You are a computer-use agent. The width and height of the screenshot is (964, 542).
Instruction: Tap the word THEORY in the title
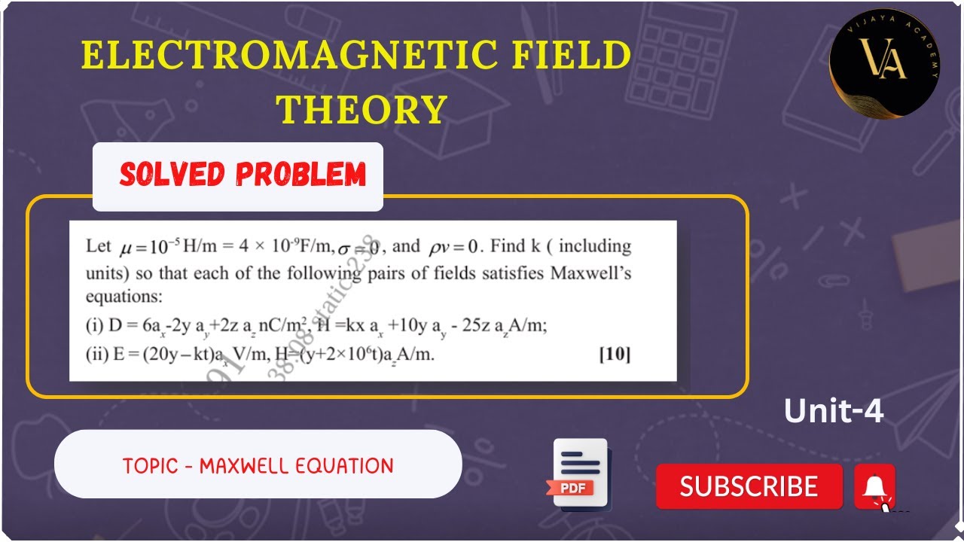[362, 110]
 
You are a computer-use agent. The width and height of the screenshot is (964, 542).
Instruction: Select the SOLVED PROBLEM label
[243, 175]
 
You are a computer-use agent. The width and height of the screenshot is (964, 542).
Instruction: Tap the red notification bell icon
[874, 487]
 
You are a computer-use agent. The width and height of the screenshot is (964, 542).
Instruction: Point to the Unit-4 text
[833, 411]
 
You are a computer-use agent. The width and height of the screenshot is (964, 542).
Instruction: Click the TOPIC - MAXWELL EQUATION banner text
[258, 466]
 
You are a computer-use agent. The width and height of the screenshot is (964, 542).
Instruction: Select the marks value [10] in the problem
[615, 354]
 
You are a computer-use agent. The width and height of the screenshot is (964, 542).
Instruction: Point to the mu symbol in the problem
[126, 247]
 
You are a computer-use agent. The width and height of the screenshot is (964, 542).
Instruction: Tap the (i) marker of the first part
[95, 325]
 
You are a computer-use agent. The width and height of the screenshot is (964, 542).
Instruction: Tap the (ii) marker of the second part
[97, 355]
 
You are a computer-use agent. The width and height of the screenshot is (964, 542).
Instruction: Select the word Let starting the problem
[98, 246]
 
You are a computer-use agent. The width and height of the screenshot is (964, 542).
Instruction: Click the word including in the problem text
[594, 246]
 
